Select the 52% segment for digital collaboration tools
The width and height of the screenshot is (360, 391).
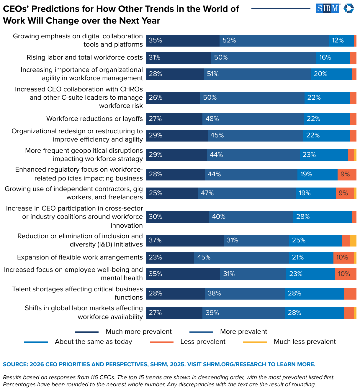coord(274,40)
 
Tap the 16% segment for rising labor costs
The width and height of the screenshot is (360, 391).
coord(333,57)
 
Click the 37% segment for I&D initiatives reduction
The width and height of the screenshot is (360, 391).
coord(184,240)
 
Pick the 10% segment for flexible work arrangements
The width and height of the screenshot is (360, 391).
coord(343,257)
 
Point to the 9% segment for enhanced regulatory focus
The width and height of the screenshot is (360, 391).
coord(347,174)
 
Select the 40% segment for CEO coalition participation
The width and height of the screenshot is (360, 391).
coord(251,217)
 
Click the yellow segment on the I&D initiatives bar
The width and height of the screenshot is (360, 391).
coord(353,240)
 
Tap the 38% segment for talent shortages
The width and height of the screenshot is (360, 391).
coord(245,293)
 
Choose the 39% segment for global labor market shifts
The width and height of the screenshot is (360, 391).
coord(243,313)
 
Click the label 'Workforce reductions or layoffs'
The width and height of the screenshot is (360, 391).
coord(94,119)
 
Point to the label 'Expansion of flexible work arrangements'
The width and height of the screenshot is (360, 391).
coord(80,257)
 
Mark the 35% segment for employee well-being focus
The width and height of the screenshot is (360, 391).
coord(183,274)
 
